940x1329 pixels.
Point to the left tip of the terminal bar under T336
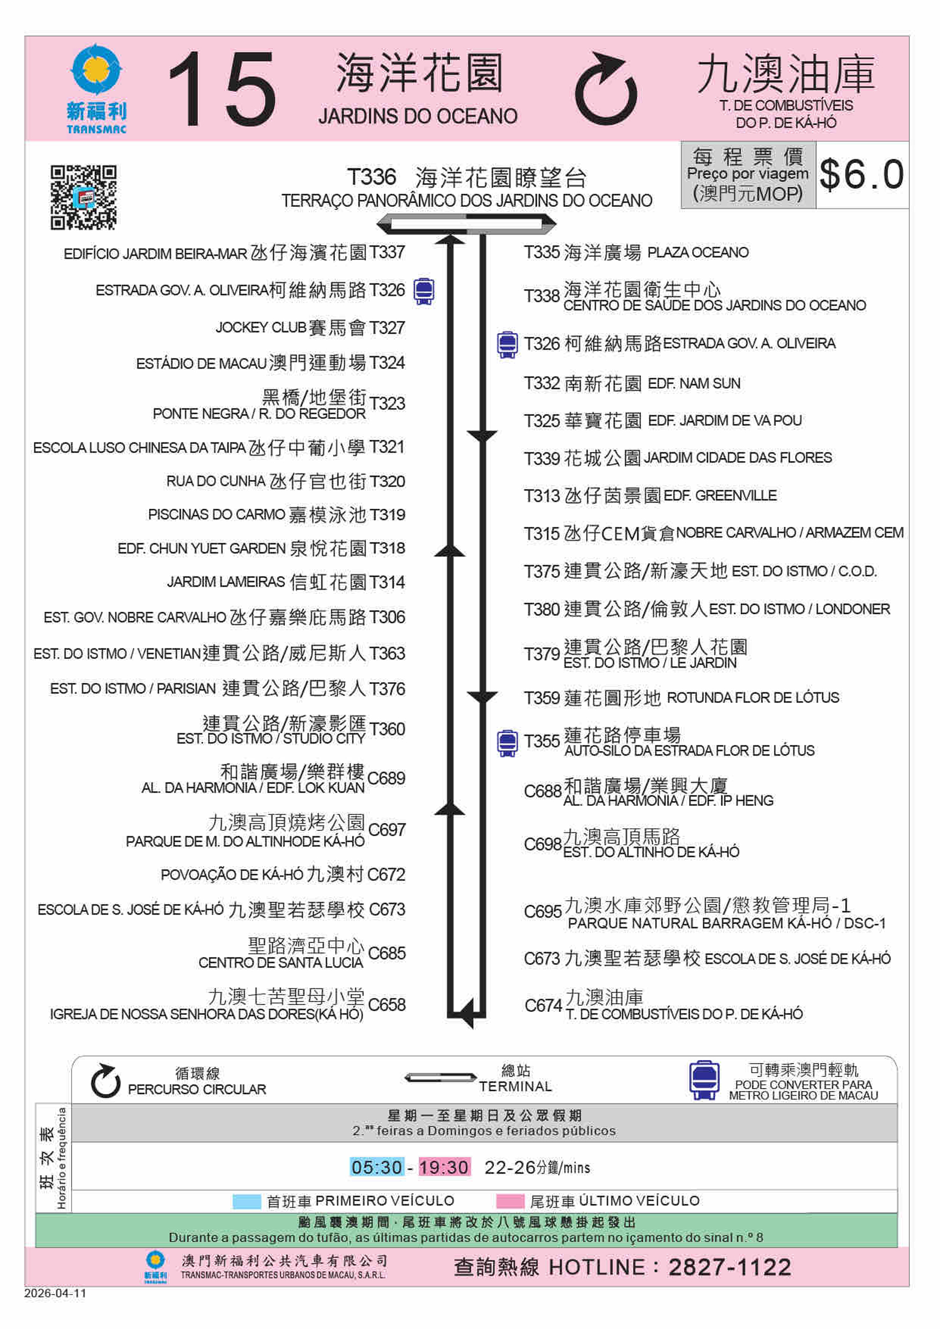377,223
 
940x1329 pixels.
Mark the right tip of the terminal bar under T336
555,223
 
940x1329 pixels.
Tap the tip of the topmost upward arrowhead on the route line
450,235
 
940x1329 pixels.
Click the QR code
83,197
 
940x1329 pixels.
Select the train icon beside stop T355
507,743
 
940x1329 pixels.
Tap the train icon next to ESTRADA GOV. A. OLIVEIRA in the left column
424,291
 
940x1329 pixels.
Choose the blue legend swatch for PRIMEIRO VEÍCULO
247,1201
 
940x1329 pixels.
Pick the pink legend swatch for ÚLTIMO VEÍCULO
510,1201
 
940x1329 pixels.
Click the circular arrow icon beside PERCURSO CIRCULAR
106,1081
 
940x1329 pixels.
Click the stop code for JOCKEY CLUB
387,328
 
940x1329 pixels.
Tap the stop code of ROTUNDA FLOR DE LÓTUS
542,698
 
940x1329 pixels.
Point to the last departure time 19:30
444,1167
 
